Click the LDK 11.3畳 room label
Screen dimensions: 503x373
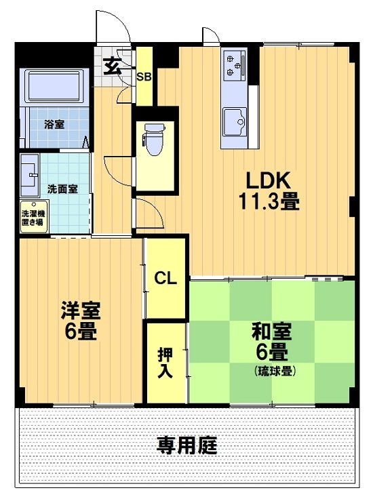[268, 190]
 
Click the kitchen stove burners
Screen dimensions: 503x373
[234, 64]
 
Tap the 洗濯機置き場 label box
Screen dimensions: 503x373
[33, 216]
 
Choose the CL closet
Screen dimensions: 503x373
[165, 278]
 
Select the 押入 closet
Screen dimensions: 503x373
[165, 362]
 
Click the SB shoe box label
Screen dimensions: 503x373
[144, 77]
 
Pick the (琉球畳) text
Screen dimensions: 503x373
[275, 371]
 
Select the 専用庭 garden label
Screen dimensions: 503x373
[187, 446]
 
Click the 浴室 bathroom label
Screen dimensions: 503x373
[55, 125]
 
